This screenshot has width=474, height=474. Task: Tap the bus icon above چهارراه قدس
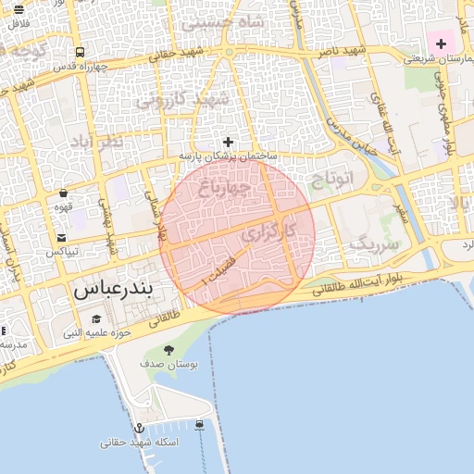tap(81, 53)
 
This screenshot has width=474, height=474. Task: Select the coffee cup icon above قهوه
tap(63, 193)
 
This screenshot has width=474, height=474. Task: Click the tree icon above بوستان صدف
tap(168, 349)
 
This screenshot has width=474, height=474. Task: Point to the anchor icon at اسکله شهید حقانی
tap(139, 428)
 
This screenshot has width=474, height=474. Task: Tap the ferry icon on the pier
tap(200, 425)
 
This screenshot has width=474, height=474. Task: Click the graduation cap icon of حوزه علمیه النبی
tap(96, 319)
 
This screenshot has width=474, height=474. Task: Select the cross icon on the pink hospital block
tap(441, 43)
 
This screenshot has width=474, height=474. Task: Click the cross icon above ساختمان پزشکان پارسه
tap(228, 142)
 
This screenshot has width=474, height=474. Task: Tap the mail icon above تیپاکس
tap(61, 237)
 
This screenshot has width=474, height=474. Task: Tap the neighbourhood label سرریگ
tap(374, 245)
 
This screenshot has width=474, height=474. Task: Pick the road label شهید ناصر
tap(341, 52)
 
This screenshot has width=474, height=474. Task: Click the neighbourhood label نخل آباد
tap(96, 142)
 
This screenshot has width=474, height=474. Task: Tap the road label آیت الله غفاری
tap(381, 117)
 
